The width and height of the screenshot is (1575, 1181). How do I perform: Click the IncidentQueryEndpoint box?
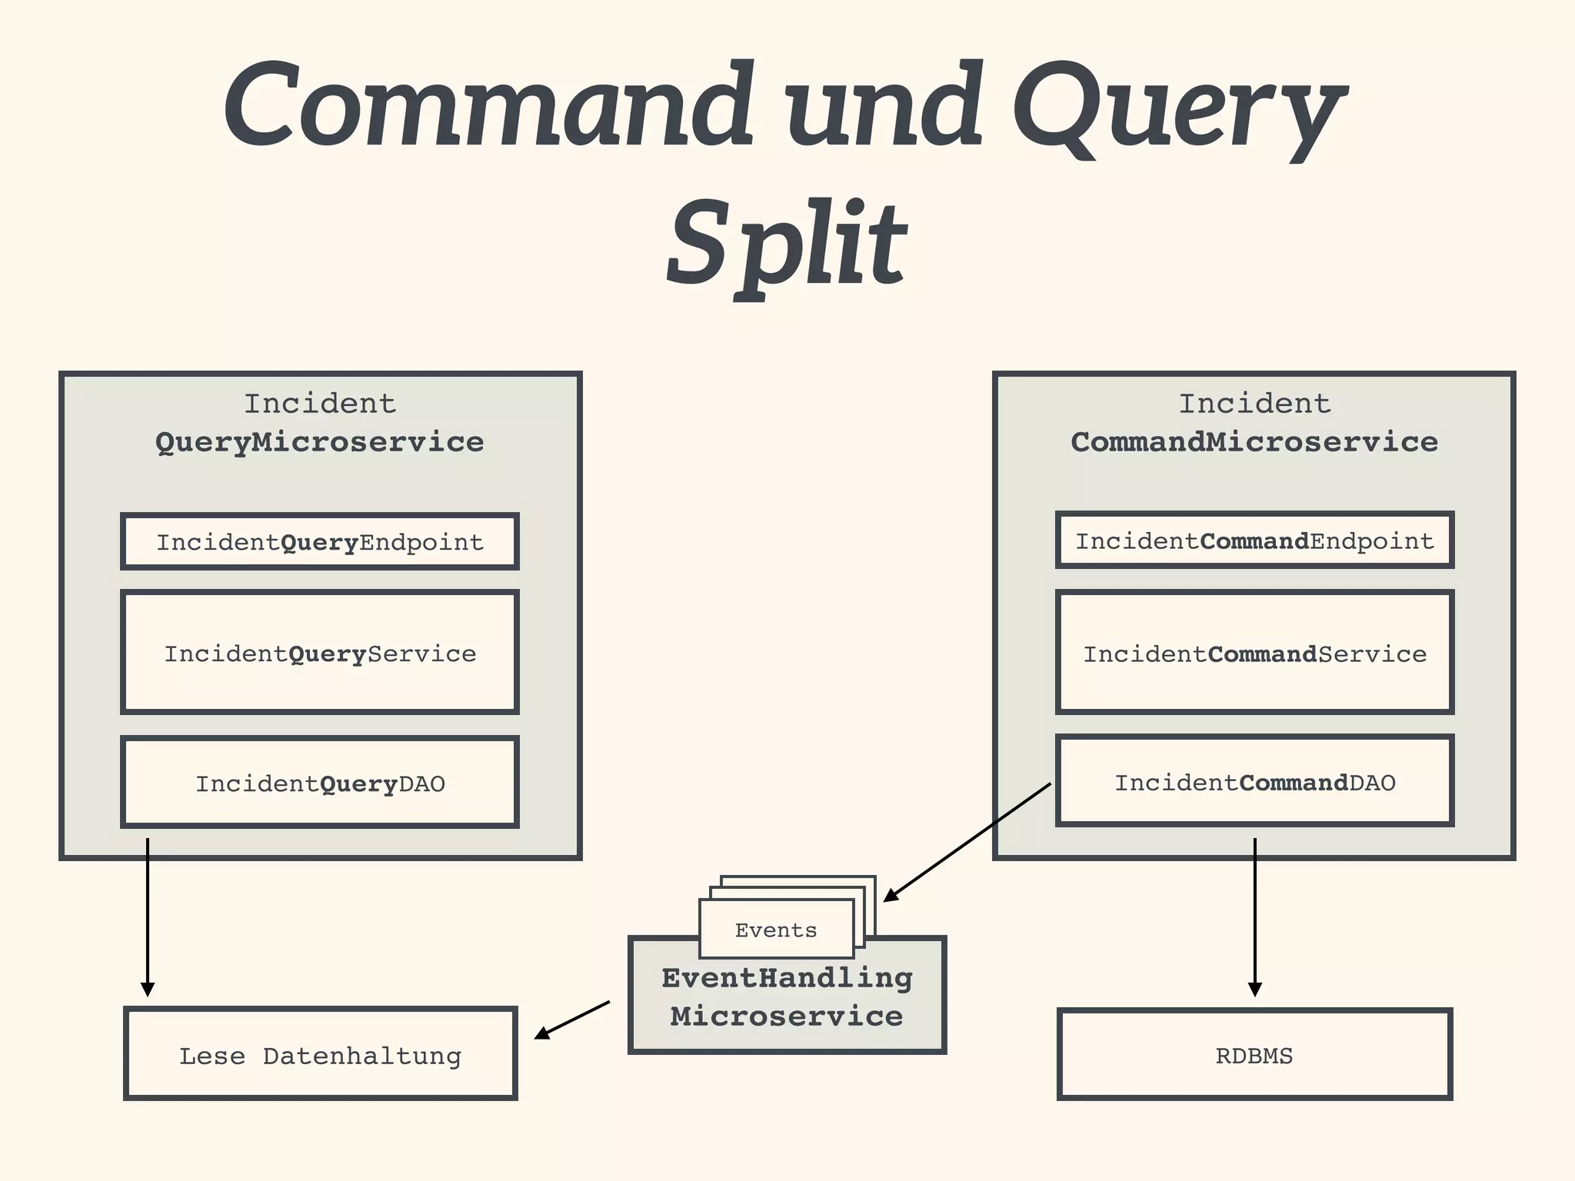320,542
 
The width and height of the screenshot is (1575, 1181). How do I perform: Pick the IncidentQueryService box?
320,653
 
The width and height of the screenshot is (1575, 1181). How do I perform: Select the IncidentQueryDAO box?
320,783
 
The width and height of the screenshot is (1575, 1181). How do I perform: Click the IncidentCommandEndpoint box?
1254,541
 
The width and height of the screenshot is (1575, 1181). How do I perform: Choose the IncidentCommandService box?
1254,653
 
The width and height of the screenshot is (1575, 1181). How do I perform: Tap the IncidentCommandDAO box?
1254,781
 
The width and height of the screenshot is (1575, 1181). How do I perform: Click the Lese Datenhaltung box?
320,1055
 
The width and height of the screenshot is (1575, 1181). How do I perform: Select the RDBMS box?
1254,1055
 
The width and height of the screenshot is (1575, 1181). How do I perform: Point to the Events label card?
775,930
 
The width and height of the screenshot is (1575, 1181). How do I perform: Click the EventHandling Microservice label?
787,997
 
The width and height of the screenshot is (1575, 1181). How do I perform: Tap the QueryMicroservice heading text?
320,442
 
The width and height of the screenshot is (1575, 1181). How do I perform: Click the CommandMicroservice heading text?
1254,442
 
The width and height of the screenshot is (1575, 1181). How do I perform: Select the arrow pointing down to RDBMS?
1254,915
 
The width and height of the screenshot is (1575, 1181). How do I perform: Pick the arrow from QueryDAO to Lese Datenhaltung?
148,915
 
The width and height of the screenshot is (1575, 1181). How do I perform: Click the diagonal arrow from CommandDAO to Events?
967,842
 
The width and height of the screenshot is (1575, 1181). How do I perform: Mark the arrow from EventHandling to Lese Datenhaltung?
573,1020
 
